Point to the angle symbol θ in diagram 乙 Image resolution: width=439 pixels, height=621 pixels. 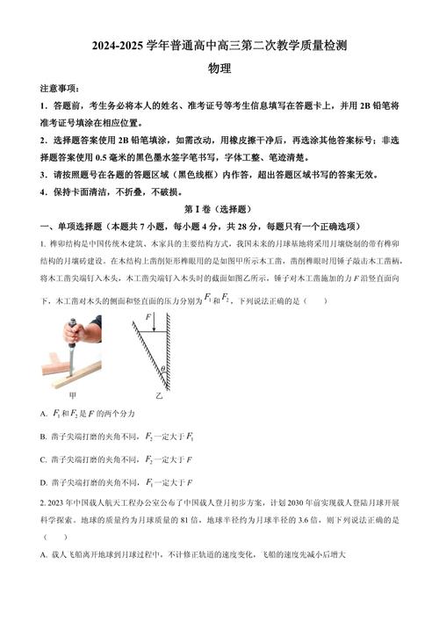176,369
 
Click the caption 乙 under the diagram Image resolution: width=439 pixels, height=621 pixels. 160,396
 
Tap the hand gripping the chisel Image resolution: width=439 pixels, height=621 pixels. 76,335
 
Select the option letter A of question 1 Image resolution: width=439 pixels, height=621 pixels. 44,413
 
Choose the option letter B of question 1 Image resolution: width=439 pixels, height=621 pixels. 44,436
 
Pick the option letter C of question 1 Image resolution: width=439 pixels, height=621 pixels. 44,459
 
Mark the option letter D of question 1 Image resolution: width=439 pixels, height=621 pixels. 44,481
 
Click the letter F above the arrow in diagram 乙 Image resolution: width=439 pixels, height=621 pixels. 148,315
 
